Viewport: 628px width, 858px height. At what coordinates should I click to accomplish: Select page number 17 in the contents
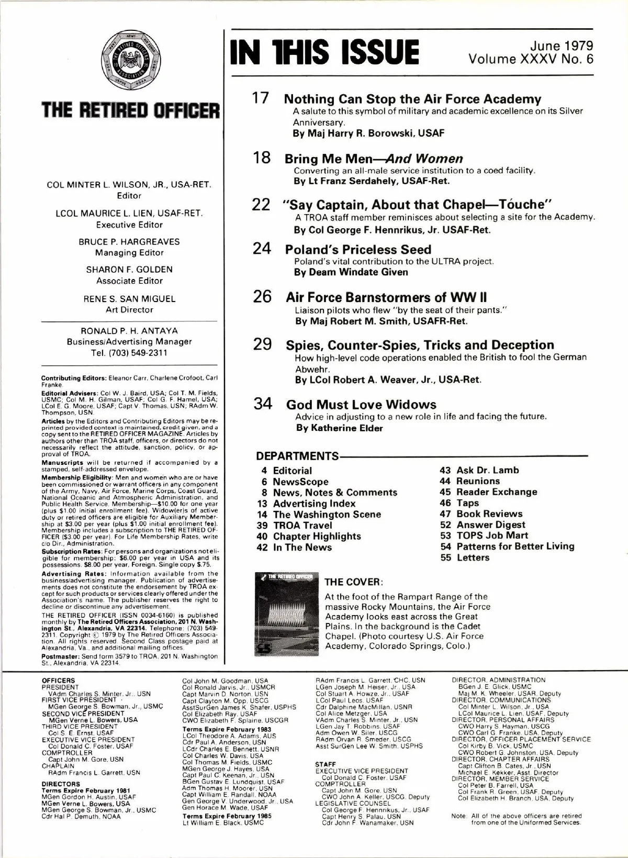(x=261, y=98)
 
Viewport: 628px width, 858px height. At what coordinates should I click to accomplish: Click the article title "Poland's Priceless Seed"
(x=358, y=249)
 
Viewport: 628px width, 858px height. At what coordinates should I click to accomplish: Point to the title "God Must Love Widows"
(x=361, y=404)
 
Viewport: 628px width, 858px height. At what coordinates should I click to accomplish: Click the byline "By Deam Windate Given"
(x=351, y=272)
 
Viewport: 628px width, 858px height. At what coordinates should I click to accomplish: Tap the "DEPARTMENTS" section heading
(x=297, y=456)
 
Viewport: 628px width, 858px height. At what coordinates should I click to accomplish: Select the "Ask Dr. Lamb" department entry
(x=487, y=470)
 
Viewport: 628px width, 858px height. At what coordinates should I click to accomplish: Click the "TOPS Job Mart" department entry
(x=492, y=535)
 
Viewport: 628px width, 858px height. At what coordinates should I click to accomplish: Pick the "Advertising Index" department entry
(x=314, y=503)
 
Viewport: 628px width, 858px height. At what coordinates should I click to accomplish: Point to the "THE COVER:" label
(x=354, y=582)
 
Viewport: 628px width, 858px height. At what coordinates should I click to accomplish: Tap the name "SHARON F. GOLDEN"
(x=129, y=270)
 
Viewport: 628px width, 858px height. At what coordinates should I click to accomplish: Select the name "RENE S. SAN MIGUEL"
(x=129, y=299)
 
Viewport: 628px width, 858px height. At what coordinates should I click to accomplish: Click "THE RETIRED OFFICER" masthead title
(x=130, y=110)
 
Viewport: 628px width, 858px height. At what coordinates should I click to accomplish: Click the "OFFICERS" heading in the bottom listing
(x=58, y=681)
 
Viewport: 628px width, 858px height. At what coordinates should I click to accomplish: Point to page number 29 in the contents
(x=262, y=344)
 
